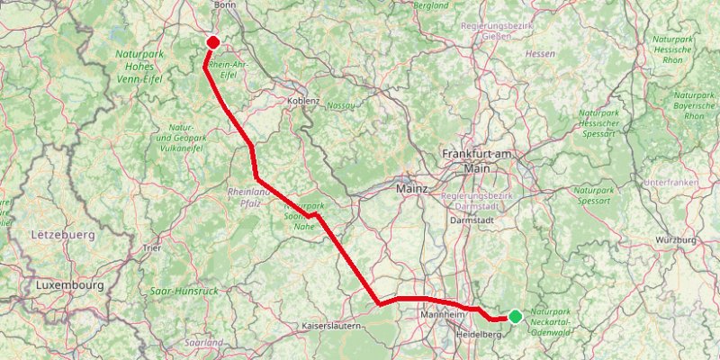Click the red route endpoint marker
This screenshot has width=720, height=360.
click(x=213, y=41)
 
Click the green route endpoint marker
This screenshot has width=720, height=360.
click(x=515, y=316)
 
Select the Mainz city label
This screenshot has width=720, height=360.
click(x=413, y=189)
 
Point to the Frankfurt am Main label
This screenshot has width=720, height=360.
click(x=477, y=161)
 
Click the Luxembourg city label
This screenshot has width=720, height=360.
click(x=70, y=284)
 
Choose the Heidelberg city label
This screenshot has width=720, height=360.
click(x=480, y=335)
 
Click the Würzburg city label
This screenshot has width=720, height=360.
click(x=676, y=240)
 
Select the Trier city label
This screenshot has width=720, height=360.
click(x=151, y=247)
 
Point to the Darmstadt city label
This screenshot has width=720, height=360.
click(x=475, y=219)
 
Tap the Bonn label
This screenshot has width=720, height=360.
click(x=224, y=4)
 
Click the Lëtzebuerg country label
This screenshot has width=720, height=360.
click(x=63, y=234)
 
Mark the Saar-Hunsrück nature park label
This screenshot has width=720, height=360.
click(x=184, y=291)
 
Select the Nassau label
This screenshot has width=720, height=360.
click(x=341, y=105)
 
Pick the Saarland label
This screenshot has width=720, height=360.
click(x=202, y=343)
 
